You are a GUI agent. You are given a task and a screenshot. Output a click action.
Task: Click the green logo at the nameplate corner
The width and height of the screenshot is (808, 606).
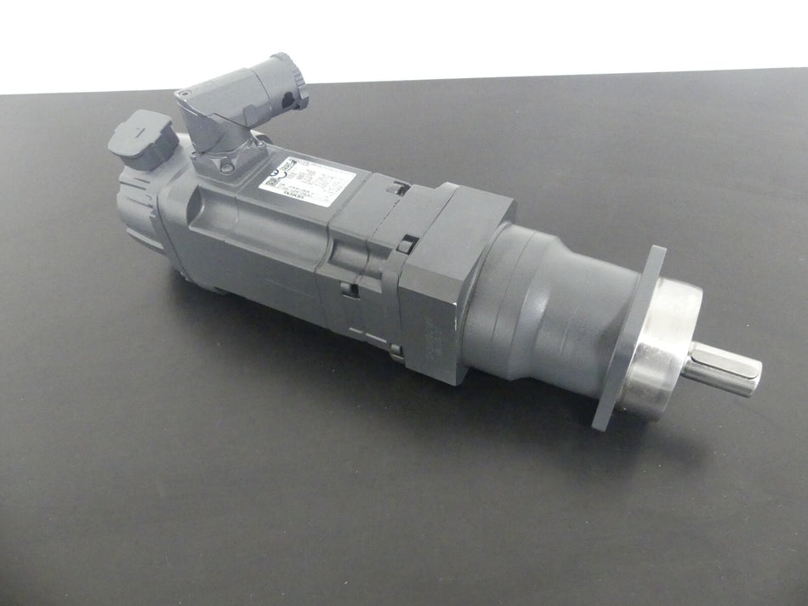(x=287, y=163)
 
